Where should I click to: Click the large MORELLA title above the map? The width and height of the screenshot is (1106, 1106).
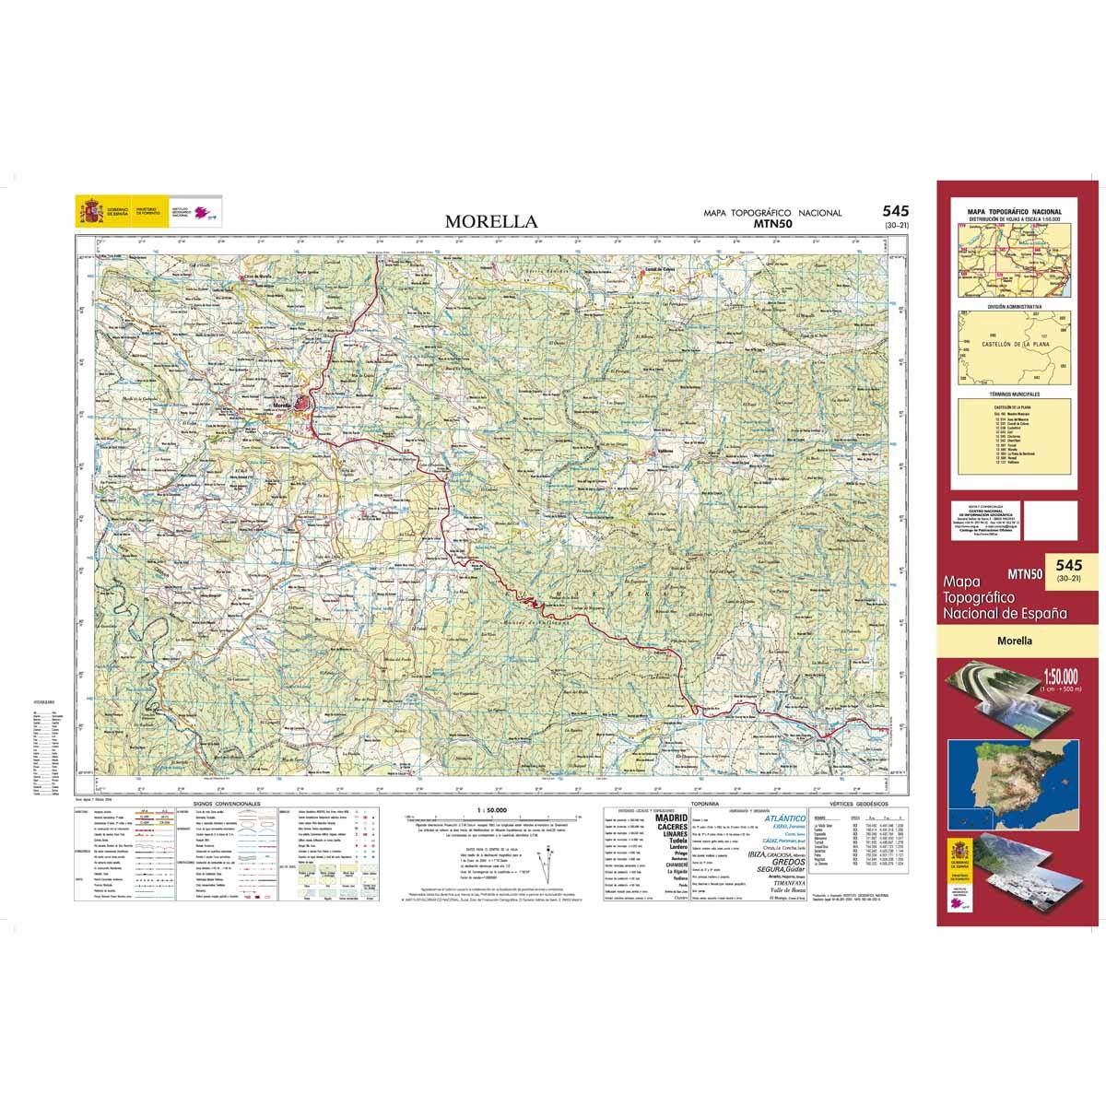click(x=490, y=221)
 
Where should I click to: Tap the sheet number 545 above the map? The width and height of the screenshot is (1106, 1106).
click(x=895, y=211)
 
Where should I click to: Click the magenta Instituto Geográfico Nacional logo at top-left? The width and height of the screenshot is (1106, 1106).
click(x=205, y=214)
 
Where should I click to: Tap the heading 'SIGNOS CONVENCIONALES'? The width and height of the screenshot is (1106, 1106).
click(x=227, y=804)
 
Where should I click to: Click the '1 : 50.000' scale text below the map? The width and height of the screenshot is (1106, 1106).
click(x=488, y=810)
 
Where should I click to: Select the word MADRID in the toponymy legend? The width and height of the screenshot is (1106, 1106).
click(x=670, y=818)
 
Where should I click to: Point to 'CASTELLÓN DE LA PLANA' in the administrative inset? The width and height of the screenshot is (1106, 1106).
click(x=1014, y=343)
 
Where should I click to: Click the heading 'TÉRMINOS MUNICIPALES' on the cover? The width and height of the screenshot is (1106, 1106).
click(x=1014, y=393)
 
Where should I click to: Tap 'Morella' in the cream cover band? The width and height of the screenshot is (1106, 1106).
click(x=1014, y=641)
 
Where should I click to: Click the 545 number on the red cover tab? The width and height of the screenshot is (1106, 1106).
click(x=1069, y=564)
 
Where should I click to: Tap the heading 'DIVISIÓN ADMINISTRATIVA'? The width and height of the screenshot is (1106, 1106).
click(x=1014, y=305)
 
